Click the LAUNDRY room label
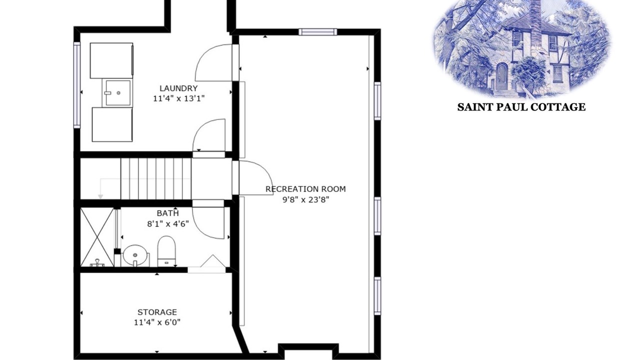(178, 88)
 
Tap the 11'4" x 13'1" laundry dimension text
(179, 98)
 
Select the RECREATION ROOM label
(305, 189)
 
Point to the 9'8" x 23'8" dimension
(305, 199)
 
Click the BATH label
(168, 213)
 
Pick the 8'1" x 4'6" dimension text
(168, 223)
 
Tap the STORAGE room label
(157, 312)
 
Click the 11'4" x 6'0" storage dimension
(157, 322)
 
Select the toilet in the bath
(166, 251)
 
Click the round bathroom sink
(136, 255)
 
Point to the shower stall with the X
(97, 237)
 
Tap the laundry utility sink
(117, 93)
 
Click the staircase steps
(155, 178)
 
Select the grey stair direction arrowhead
(100, 196)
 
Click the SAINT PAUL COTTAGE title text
(521, 107)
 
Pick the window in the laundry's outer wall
(77, 85)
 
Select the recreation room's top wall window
(317, 32)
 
